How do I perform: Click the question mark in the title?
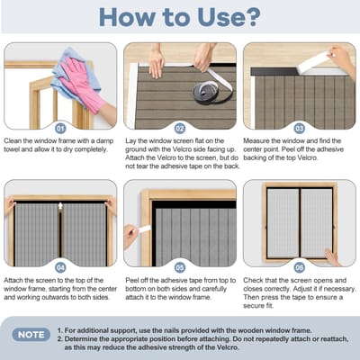point(250,17)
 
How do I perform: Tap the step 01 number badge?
point(60,129)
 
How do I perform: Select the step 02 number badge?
point(180,129)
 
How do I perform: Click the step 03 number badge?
point(300,129)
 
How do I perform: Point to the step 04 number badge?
point(60,267)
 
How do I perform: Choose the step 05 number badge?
point(180,267)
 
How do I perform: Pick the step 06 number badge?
point(300,267)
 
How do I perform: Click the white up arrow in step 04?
point(60,206)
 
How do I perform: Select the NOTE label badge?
point(31,335)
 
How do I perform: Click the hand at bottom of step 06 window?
point(332,258)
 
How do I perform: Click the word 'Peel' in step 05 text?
point(132,280)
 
